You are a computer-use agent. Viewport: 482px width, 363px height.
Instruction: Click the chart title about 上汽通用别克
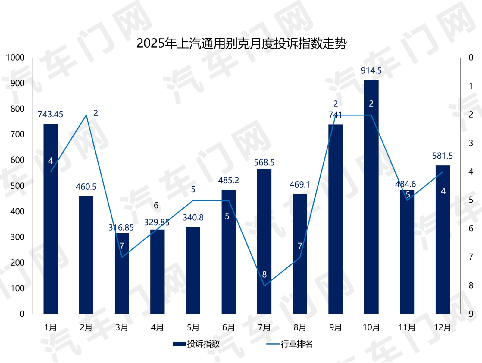coord(241,44)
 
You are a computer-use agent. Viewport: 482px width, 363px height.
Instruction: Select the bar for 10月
coord(371,196)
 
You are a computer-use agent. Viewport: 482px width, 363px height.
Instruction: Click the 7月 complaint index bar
coord(264,241)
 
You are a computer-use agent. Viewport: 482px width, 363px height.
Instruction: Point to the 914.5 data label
coord(371,71)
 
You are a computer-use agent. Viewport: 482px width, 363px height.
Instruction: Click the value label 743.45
coord(51,115)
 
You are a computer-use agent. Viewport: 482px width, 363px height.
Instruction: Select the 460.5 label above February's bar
coord(86,187)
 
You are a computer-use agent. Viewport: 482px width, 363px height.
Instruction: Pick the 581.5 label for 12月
coord(442,156)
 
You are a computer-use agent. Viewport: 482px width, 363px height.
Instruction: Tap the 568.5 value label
coord(264,163)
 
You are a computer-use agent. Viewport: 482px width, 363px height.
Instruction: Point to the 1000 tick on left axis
coord(15,58)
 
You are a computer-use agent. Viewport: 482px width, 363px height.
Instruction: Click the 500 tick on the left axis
coord(17,186)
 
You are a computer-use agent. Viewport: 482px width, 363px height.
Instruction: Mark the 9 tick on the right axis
coord(471,314)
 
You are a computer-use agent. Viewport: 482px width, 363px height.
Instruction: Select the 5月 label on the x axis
coord(193,327)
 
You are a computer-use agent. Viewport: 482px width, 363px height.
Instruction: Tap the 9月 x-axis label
coord(335,327)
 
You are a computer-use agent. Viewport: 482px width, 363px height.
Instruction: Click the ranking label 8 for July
coord(264,275)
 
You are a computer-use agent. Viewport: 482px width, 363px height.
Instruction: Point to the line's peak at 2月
coord(86,115)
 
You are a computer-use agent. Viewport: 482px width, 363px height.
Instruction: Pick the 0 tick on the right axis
coord(471,58)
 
